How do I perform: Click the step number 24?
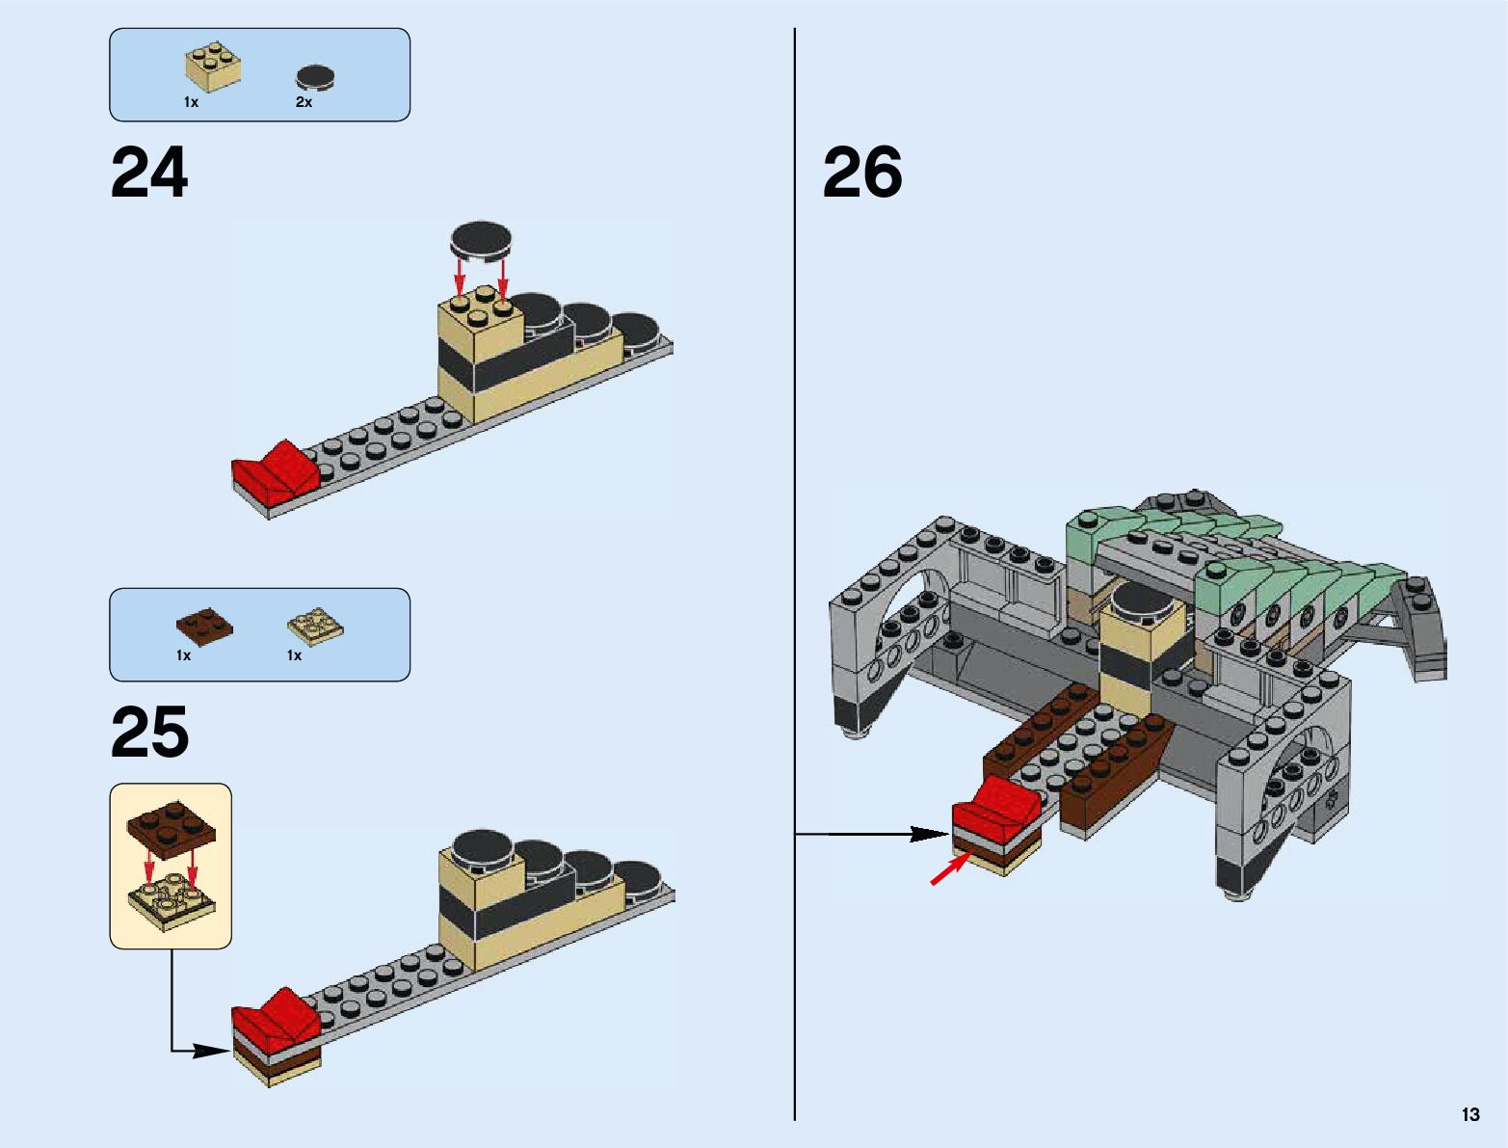[x=149, y=174]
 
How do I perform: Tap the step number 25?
[x=149, y=733]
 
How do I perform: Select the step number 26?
[x=862, y=174]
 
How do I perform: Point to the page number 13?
[x=1469, y=1114]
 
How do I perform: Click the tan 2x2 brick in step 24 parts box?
[x=213, y=67]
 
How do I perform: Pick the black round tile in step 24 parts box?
[x=315, y=76]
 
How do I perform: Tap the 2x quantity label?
[x=304, y=102]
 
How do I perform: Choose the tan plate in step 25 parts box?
[x=315, y=626]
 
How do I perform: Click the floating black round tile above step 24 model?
[x=482, y=239]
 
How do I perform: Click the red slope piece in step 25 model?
[x=277, y=1020]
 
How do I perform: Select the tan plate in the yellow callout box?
[x=171, y=899]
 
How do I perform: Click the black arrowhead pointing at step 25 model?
[x=210, y=1050]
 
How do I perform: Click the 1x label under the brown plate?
[x=183, y=655]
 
